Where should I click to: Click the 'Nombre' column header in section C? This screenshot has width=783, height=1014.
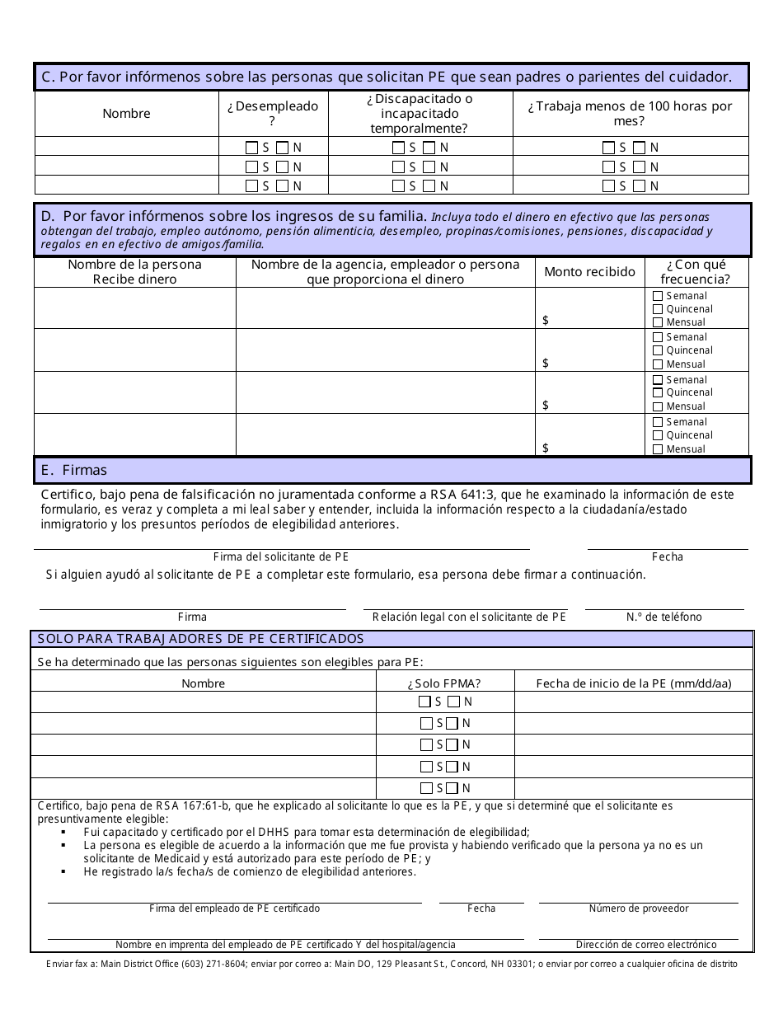pos(126,114)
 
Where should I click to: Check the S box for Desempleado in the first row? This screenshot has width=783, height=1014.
pos(251,148)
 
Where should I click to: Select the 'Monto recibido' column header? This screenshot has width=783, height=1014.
pos(589,272)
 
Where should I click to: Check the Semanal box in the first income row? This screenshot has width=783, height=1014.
pos(657,296)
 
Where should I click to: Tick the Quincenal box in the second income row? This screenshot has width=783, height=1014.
pos(657,350)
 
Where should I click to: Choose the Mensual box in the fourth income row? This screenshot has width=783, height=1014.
pos(657,449)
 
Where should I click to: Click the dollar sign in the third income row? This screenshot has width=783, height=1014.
pos(546,406)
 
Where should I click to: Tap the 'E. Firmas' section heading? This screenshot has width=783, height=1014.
pos(74,470)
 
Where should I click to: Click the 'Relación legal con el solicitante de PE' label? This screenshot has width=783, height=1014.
pos(469,617)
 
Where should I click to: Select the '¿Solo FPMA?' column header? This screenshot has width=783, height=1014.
pos(444,683)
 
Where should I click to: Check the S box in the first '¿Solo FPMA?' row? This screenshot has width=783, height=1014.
pos(425,702)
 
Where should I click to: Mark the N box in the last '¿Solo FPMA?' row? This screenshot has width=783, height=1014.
pos(452,788)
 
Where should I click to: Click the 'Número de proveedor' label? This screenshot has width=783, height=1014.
pos(639,908)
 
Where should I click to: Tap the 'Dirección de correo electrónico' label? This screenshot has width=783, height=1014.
pos(645,945)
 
